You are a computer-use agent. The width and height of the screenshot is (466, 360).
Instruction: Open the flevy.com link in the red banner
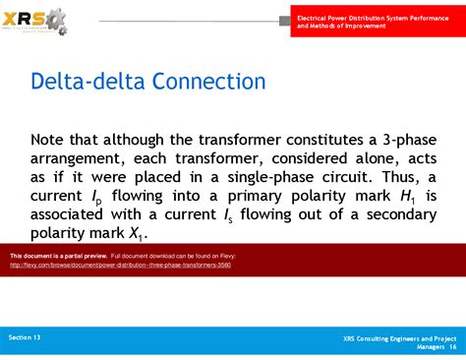[x=120, y=265]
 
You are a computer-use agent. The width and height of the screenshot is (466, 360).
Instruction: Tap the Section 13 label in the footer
[x=25, y=337]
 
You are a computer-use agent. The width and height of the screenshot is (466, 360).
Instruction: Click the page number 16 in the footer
[x=453, y=347]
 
